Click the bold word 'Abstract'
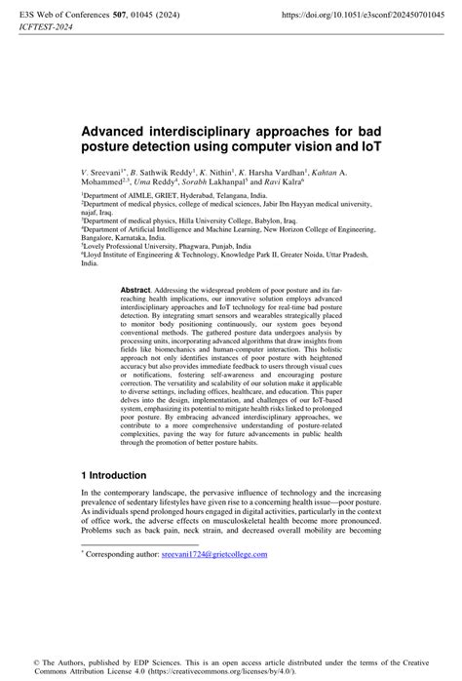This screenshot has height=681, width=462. [x=136, y=291]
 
